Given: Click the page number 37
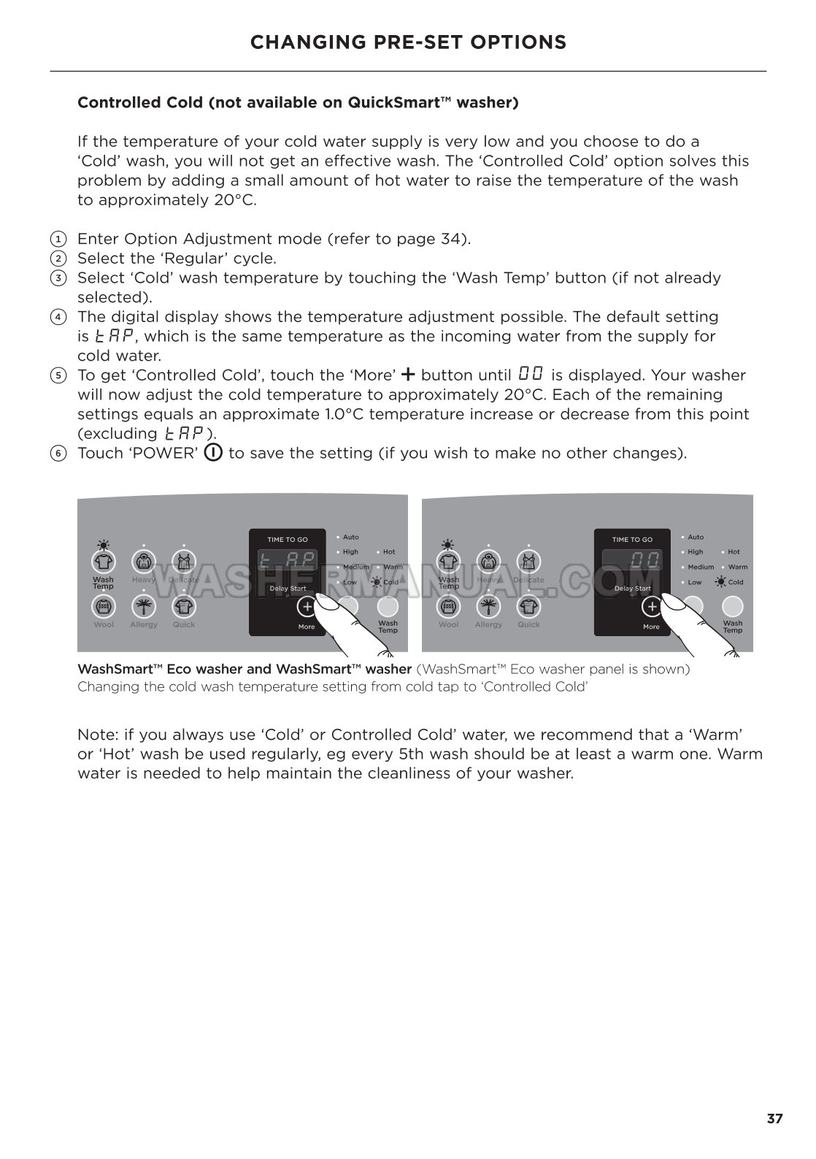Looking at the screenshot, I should click(774, 1118).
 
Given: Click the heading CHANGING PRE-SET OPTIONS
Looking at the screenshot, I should click(408, 42).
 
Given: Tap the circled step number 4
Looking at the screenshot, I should click(57, 317).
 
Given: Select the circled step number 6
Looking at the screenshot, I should click(57, 454).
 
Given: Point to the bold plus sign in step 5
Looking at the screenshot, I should click(408, 375).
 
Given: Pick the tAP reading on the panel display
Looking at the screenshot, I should click(288, 562).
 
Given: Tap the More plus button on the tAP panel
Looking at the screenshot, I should click(307, 607).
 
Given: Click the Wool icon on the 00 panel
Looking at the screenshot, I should click(448, 607).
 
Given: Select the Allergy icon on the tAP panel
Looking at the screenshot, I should click(144, 607).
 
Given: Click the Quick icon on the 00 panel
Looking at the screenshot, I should click(528, 607).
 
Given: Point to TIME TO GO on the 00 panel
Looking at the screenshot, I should click(632, 540).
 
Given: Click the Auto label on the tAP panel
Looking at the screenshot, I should click(350, 537).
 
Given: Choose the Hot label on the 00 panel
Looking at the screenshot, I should click(734, 552).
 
